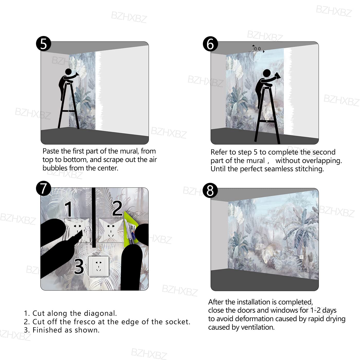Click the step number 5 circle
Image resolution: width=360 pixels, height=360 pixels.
click(43, 44)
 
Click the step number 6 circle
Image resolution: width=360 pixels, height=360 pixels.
click(210, 44)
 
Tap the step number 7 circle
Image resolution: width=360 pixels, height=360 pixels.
click(43, 188)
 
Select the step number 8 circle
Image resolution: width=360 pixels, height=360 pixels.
click(210, 190)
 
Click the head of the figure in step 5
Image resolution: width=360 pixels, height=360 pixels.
click(68, 71)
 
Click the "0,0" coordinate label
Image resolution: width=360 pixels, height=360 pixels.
click(257, 49)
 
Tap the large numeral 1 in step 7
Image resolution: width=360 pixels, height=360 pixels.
click(69, 209)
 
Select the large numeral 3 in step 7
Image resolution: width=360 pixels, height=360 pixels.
click(79, 266)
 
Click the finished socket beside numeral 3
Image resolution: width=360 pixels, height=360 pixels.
click(98, 266)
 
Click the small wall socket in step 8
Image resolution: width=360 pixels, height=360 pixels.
click(301, 257)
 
